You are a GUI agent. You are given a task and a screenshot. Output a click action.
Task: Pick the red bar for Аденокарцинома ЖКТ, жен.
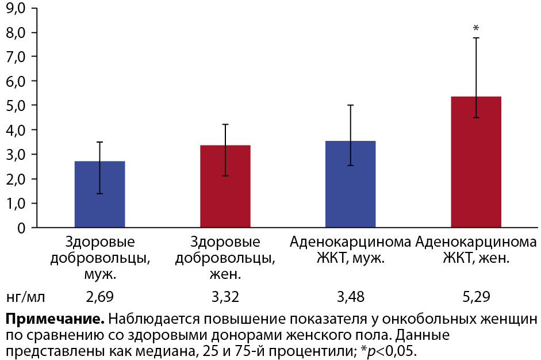tap(476, 162)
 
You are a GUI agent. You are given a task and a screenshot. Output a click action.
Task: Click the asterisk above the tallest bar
tap(475, 28)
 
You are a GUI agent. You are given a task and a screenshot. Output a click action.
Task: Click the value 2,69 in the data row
tap(99, 297)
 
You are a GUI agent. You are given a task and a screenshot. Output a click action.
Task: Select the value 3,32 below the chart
tap(225, 297)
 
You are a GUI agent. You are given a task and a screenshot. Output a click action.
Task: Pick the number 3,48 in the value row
tap(350, 297)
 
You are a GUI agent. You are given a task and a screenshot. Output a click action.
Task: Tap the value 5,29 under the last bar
tap(476, 297)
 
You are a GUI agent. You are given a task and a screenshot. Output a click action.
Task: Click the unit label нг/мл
tap(25, 297)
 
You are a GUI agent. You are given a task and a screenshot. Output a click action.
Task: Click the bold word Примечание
tap(55, 319)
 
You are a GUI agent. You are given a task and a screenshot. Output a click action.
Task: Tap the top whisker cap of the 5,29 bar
tap(476, 38)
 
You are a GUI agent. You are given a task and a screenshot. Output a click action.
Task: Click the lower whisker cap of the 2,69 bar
tap(99, 194)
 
